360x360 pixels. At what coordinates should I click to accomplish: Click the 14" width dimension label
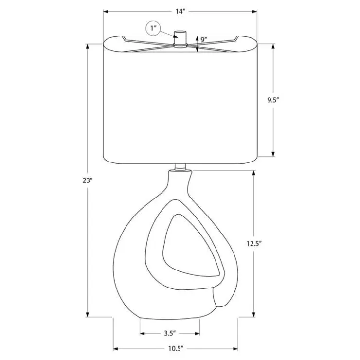click(x=180, y=12)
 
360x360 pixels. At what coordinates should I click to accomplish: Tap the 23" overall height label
click(x=88, y=180)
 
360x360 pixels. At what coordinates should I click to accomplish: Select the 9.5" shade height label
click(x=273, y=100)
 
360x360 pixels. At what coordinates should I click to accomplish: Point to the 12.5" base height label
click(x=254, y=244)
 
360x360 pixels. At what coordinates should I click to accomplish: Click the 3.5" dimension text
click(x=170, y=333)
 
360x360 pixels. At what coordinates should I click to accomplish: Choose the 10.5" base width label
click(x=176, y=349)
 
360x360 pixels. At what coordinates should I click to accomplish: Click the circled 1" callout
click(x=153, y=29)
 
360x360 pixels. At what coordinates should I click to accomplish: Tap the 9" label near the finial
click(x=204, y=40)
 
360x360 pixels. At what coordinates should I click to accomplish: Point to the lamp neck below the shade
click(x=180, y=167)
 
